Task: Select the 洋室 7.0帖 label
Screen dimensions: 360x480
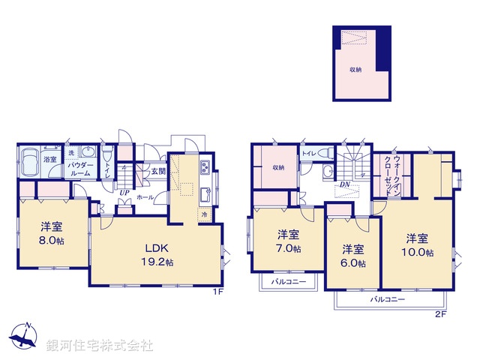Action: pos(289,239)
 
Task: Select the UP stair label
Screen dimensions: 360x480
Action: pos(122,193)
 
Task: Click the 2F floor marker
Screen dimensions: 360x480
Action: pos(441,313)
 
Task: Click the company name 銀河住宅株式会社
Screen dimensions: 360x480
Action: pos(99,346)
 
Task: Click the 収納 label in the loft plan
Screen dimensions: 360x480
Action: pos(355,69)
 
